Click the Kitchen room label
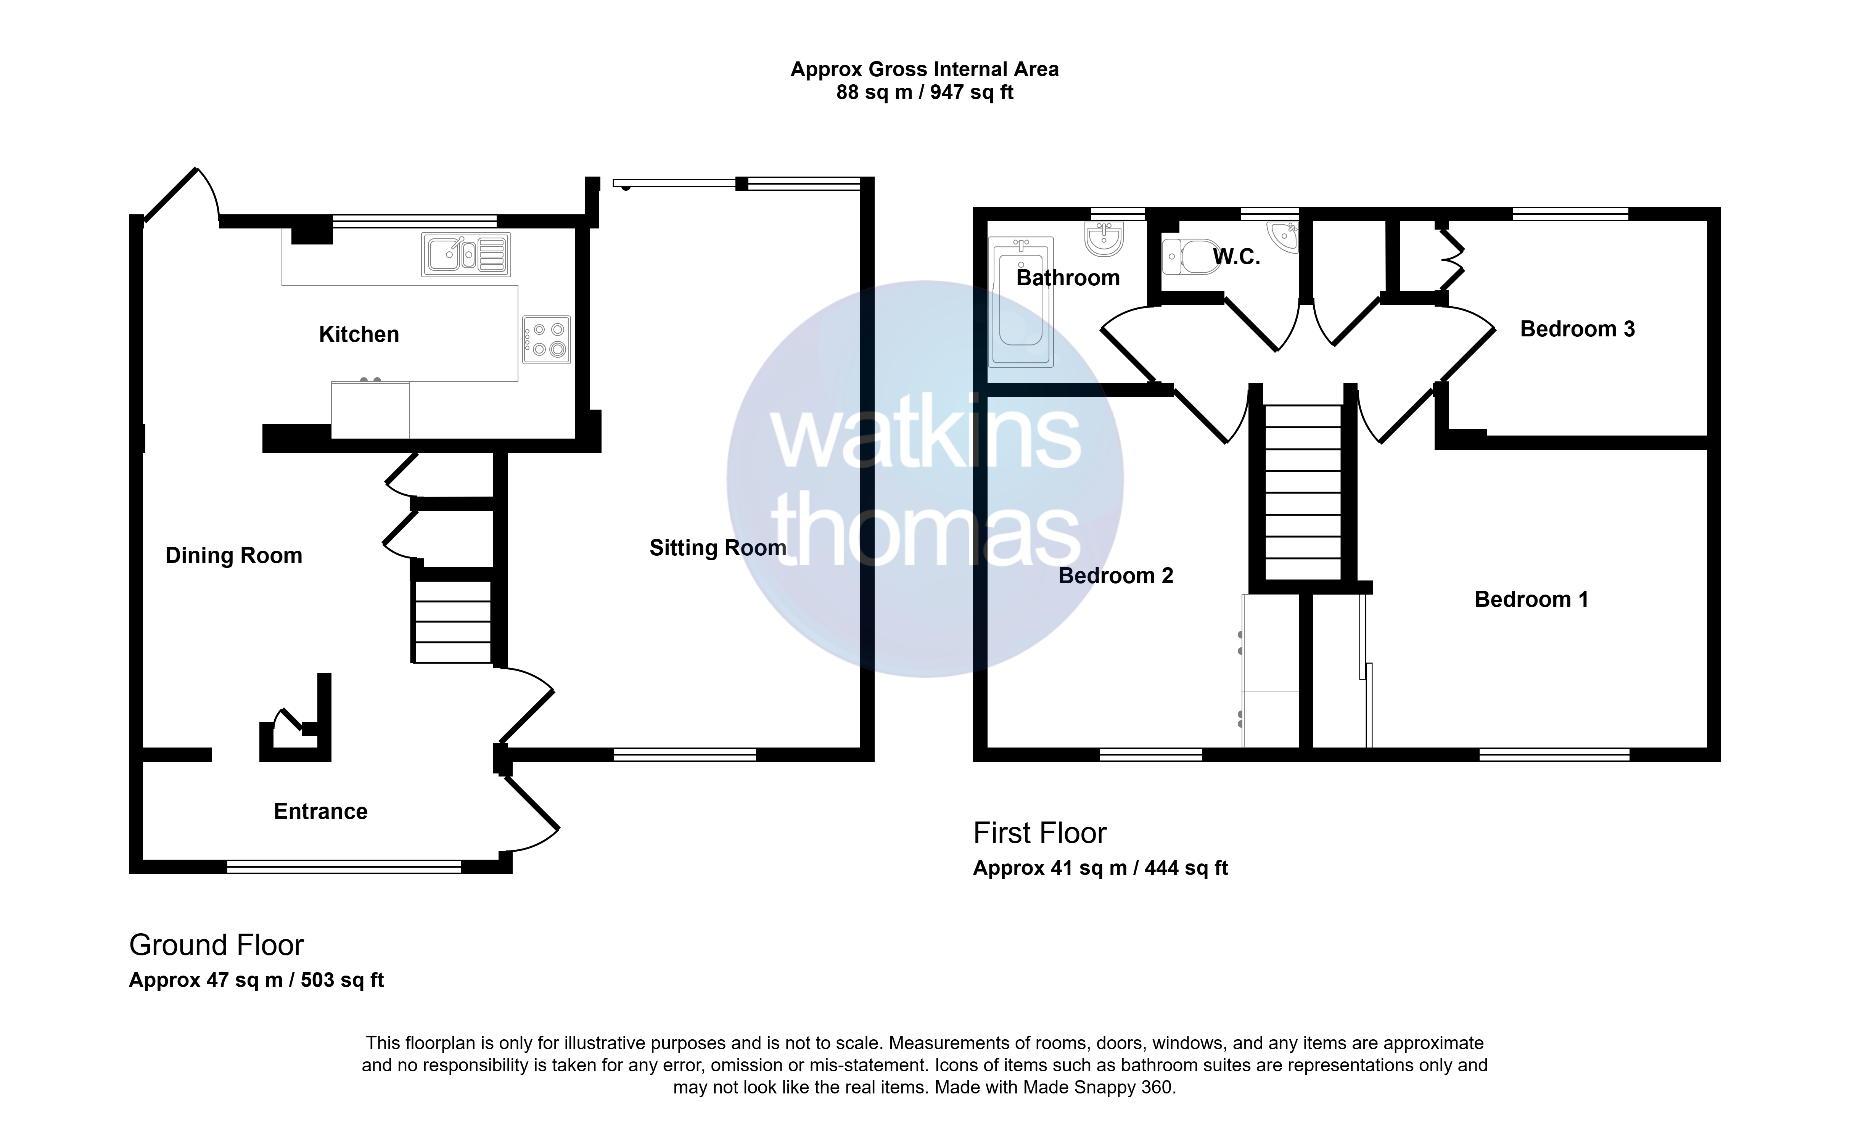tap(359, 334)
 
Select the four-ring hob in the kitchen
tap(547, 339)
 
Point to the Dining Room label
tap(233, 556)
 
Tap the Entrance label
tap(320, 812)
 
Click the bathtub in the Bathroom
tap(1021, 302)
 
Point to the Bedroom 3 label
tap(1577, 329)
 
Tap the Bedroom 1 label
tap(1531, 599)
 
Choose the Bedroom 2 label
tap(1116, 576)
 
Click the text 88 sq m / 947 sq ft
tap(925, 92)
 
